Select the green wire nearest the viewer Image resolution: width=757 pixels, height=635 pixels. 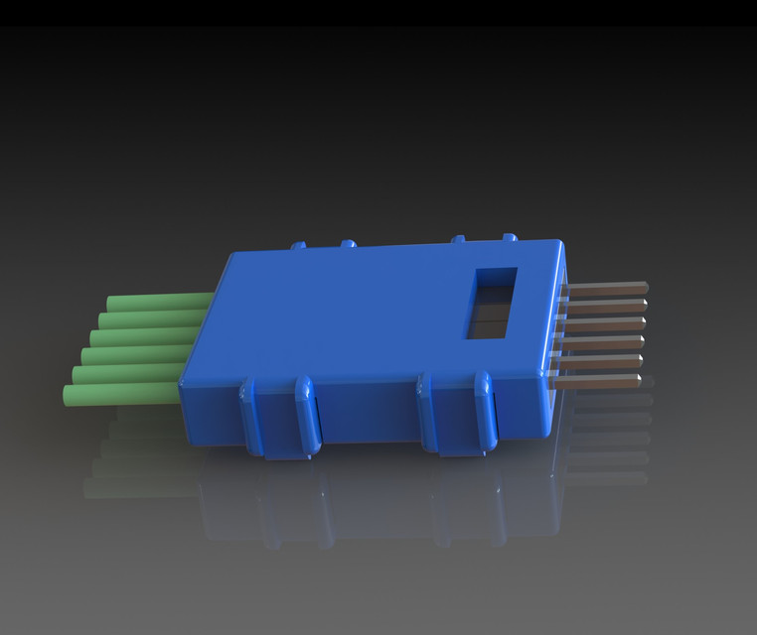(119, 395)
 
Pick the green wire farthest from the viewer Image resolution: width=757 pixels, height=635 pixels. (159, 302)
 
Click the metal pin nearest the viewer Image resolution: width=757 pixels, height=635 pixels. (596, 379)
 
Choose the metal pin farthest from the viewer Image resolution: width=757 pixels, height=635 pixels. (606, 288)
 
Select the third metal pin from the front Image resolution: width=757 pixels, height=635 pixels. (600, 342)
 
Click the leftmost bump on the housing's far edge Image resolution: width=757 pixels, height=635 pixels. (297, 244)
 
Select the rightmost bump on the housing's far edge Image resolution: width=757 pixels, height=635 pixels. (510, 238)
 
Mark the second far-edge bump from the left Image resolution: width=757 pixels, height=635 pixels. (348, 243)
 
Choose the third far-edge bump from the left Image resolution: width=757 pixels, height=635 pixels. (458, 239)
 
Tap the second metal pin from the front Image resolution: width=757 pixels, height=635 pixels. (598, 360)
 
